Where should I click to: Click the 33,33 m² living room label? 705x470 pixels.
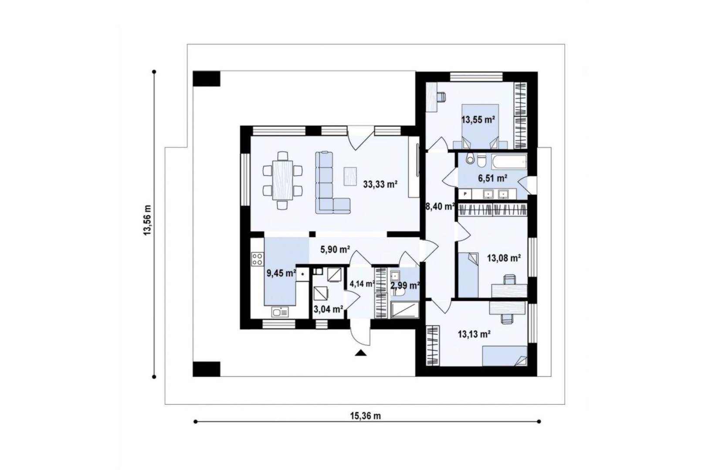coord(380,184)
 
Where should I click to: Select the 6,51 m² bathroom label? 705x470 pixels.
coord(492,178)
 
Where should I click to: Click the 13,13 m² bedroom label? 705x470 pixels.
coord(475,334)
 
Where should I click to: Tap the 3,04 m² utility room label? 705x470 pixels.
coord(328,309)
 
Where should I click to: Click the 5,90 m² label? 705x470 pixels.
coord(335,250)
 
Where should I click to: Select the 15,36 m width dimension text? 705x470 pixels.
coord(366,416)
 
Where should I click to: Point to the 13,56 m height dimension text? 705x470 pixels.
coord(147,220)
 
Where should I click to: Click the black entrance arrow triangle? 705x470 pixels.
coord(361,353)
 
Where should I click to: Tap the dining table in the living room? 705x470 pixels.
coord(283,180)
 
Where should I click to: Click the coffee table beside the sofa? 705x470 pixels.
coord(350,176)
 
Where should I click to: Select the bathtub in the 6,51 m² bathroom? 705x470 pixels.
coord(509,161)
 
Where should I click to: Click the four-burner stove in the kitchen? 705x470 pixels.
coord(258,259)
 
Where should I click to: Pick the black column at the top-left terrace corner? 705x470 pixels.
coord(207,79)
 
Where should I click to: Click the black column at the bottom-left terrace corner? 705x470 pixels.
coord(207,369)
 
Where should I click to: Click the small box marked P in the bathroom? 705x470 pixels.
coord(465,194)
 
